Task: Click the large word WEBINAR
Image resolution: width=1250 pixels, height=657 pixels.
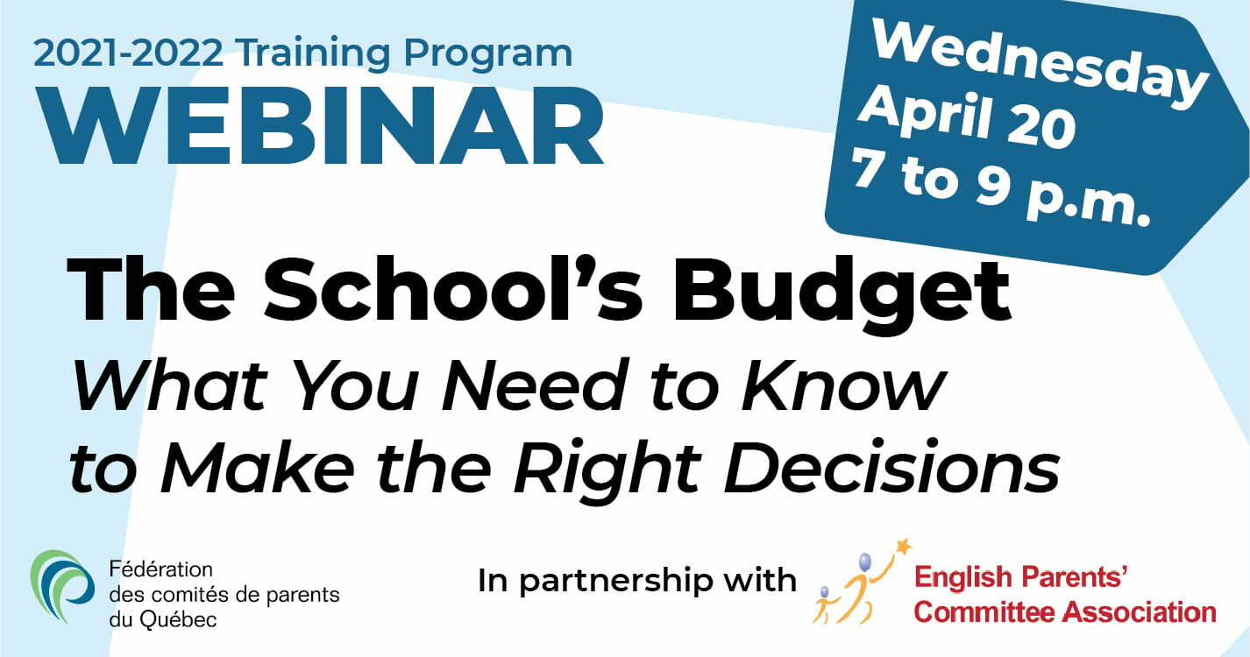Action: pos(320,125)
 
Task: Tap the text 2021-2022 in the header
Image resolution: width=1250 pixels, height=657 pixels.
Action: pos(128,53)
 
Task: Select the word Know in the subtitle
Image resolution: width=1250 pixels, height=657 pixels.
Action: pos(842,385)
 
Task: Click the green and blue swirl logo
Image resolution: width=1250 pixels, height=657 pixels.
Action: pos(62,586)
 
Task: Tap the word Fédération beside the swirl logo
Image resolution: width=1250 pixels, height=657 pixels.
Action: pos(160,569)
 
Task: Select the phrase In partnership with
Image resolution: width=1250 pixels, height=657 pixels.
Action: pos(636,581)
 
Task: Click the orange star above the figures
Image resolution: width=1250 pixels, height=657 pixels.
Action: pos(903,547)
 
